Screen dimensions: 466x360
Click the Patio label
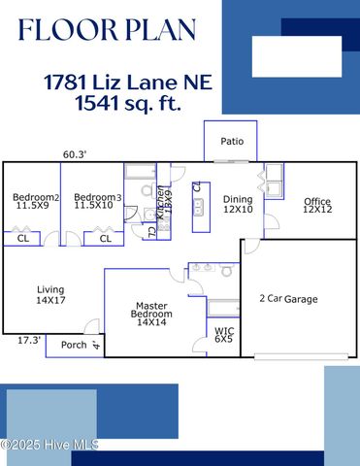click(232, 142)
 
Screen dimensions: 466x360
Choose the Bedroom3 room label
click(97, 201)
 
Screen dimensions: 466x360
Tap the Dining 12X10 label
click(238, 204)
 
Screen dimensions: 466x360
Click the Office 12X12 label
click(316, 206)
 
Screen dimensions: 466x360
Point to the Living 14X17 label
click(50, 295)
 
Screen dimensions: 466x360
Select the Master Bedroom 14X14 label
click(153, 314)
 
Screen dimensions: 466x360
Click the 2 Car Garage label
click(288, 299)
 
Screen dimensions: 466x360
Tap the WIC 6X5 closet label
click(223, 336)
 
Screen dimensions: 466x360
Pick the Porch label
click(74, 344)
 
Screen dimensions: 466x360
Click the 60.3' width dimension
click(75, 154)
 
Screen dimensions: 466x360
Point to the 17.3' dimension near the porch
click(29, 340)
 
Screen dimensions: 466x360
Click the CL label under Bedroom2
click(23, 238)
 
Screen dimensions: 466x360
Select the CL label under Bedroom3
click(105, 238)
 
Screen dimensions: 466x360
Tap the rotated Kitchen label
click(161, 211)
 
